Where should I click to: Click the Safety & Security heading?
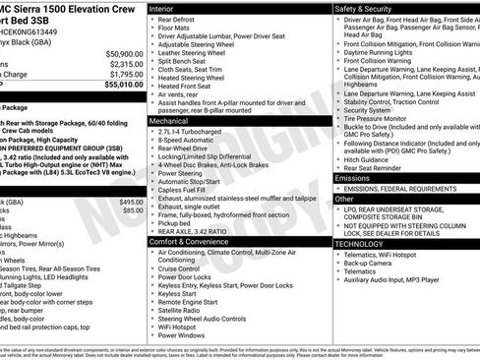[370, 8]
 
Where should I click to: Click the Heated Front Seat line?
[190, 87]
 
